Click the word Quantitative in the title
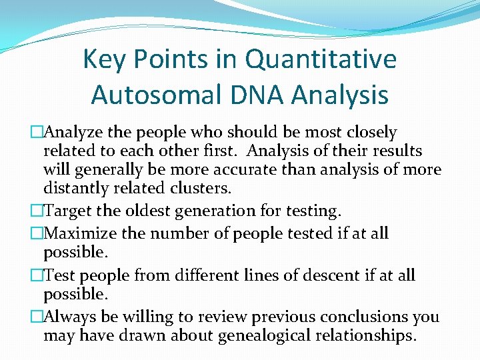coord(321,60)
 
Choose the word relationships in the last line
coord(363,336)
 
